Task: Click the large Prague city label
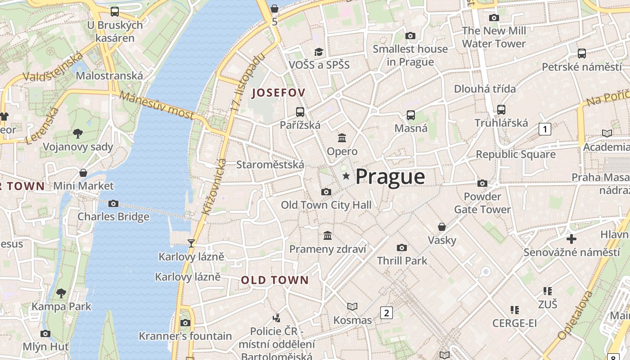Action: coord(390,177)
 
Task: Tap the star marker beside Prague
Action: coord(346,176)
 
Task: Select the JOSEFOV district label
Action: coord(279,93)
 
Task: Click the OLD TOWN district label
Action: coord(275,280)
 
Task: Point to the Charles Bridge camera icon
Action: coord(113,204)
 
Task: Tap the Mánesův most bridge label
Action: coord(157,106)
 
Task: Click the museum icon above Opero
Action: coord(342,138)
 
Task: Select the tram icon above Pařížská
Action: coord(300,112)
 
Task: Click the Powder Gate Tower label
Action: coord(482,203)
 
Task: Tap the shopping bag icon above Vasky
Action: coord(442,227)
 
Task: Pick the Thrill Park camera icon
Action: coord(402,247)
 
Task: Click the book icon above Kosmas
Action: coord(352,306)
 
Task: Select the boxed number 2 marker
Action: coord(387,312)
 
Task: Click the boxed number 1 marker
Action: coord(545,130)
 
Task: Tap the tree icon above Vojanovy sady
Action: coord(78,133)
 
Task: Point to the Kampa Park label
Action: coord(61,307)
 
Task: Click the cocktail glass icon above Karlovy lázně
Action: coord(191,243)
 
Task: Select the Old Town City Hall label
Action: coord(326,205)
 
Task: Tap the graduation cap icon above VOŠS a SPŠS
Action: coord(319,52)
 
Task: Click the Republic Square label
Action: coord(516,154)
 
